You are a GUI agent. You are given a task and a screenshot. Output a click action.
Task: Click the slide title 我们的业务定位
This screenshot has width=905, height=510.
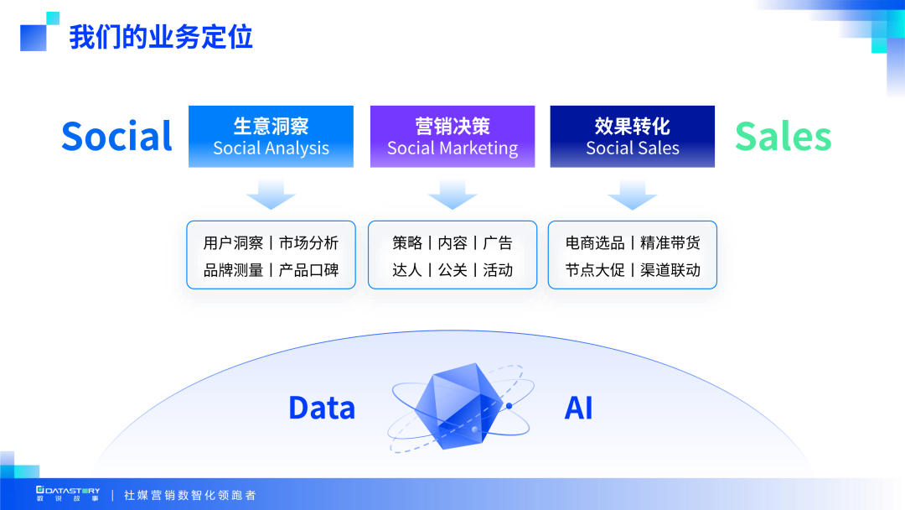[161, 38]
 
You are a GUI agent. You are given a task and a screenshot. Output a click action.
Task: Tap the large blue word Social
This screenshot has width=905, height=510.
[116, 137]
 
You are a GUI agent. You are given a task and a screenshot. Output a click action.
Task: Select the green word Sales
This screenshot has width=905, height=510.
[783, 137]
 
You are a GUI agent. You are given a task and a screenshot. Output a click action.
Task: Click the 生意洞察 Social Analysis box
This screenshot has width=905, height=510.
[271, 137]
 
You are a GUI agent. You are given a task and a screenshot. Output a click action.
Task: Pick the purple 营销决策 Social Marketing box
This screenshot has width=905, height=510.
[452, 137]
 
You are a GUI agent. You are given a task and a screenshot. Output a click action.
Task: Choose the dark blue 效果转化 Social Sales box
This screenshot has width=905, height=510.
[633, 137]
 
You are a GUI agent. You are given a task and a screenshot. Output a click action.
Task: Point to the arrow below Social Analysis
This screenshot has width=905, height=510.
[271, 195]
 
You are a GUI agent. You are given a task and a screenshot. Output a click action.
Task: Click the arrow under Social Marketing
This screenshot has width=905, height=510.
[452, 195]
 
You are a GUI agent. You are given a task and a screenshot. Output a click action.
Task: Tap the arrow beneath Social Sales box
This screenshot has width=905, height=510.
[633, 195]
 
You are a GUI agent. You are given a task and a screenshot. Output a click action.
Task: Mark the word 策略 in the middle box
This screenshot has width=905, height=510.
[407, 243]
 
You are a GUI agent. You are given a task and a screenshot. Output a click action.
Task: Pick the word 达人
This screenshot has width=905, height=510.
[407, 270]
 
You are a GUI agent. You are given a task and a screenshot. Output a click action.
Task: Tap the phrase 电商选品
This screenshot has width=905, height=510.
[595, 243]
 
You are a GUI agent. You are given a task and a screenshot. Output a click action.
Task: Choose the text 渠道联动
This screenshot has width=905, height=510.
[670, 270]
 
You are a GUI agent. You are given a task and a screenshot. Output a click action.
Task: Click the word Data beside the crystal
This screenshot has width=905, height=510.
[322, 409]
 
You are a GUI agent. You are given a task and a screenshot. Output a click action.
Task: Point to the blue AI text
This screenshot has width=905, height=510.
[578, 409]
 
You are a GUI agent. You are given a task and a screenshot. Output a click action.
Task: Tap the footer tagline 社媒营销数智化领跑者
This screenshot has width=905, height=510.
[190, 495]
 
